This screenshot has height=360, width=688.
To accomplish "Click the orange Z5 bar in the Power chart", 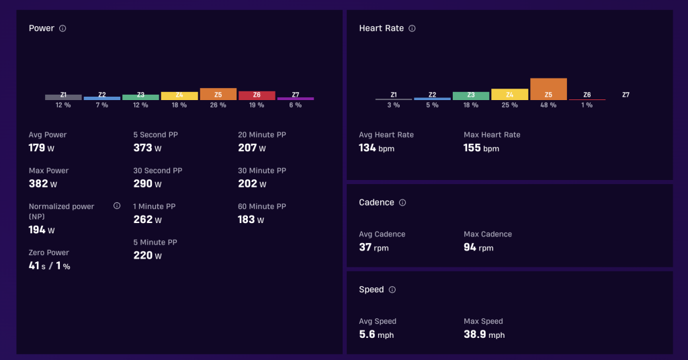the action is (x=218, y=94).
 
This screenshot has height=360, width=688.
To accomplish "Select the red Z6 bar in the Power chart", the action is (x=257, y=95).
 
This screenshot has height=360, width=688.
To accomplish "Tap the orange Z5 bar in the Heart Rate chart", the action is (x=548, y=89).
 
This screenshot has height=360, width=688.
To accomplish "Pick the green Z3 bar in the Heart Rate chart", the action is (x=471, y=96).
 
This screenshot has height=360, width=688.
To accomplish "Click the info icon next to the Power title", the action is (x=62, y=28).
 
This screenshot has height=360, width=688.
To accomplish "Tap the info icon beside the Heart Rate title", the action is (x=412, y=28).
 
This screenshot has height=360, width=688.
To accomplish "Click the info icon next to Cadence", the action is (x=402, y=203).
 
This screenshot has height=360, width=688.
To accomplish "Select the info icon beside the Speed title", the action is (x=392, y=290).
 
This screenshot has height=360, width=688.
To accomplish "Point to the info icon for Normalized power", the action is (x=117, y=206).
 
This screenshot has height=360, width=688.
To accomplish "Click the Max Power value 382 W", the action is (x=43, y=184).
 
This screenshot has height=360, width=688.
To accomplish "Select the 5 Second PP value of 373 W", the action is (x=147, y=148).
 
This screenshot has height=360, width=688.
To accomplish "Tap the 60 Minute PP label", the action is (x=262, y=206).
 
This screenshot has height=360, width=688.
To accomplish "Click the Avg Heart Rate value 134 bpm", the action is (x=376, y=148).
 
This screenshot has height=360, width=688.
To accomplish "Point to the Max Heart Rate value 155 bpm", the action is (x=481, y=148).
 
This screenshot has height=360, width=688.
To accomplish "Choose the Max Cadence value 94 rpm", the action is (x=478, y=248).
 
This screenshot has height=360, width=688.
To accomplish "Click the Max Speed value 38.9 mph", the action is (x=484, y=334).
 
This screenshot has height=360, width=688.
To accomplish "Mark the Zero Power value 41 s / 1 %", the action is (x=50, y=266).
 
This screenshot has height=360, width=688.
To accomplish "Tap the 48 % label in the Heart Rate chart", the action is (x=548, y=105).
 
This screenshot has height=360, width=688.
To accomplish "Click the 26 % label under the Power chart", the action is (x=218, y=105).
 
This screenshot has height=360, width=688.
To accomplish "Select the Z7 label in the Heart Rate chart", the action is (x=626, y=95).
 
